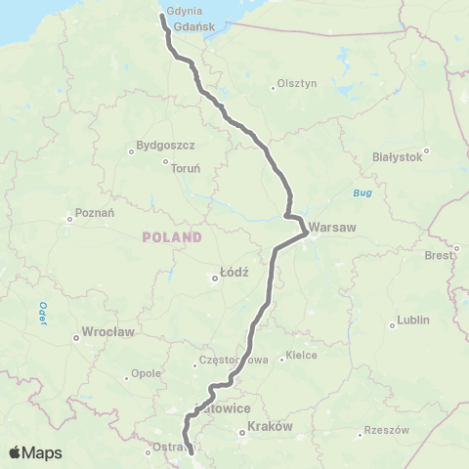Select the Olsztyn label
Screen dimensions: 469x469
(297, 84)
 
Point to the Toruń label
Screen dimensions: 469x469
(186, 168)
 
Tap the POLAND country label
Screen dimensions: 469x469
(171, 237)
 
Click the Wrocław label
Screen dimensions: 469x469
(107, 332)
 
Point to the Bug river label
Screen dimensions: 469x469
(362, 193)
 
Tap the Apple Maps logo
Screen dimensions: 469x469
(35, 452)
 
